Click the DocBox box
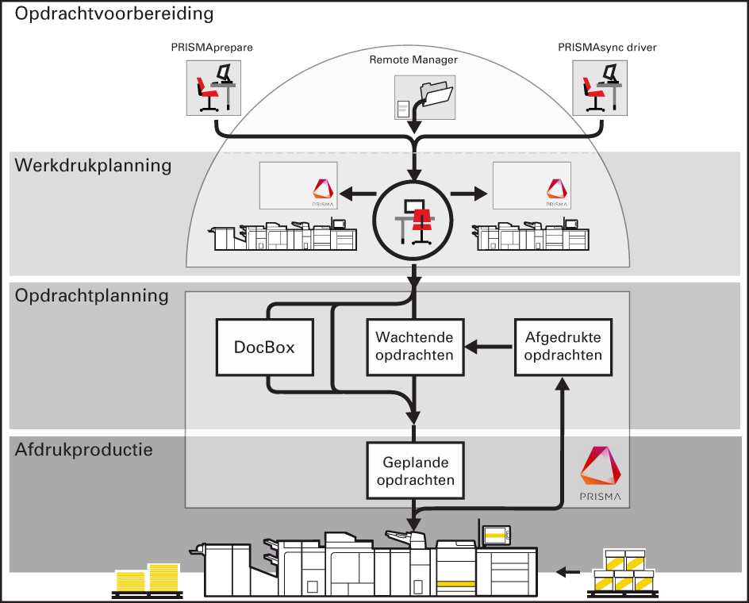tap(264, 347)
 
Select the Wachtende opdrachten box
tap(414, 347)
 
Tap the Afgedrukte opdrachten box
tap(563, 347)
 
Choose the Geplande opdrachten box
tap(415, 471)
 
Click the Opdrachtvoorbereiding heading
tap(114, 13)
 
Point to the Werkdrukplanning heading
tap(93, 166)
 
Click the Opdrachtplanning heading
tap(92, 296)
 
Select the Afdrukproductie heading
tap(84, 450)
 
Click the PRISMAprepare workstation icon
tap(212, 89)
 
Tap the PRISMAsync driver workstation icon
tap(601, 89)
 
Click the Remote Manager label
tap(413, 60)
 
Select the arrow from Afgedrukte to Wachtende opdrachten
tap(488, 347)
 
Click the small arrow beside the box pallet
tap(567, 570)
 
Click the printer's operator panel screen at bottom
tap(495, 536)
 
